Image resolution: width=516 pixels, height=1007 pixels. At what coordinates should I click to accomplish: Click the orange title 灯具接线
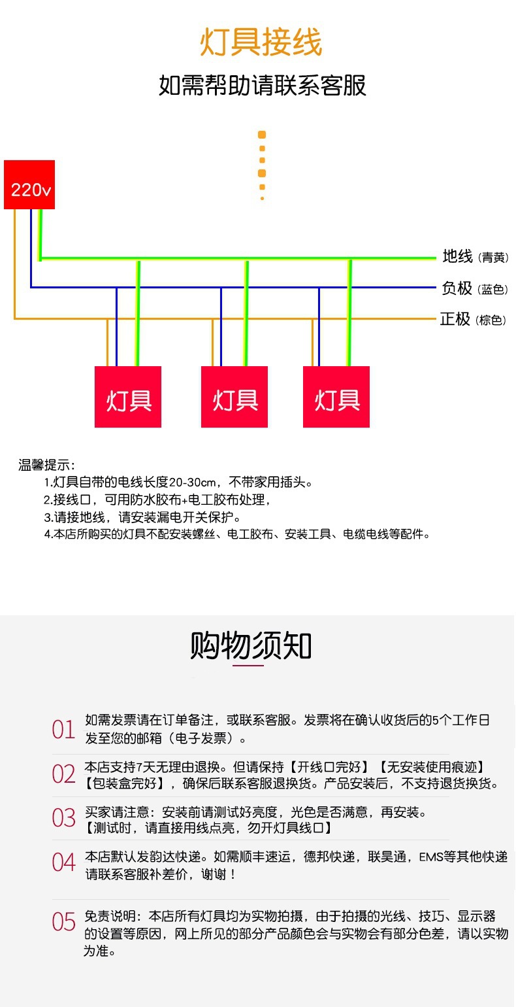pyautogui.click(x=261, y=43)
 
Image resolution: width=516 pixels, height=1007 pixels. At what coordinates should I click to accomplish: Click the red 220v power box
pyautogui.click(x=29, y=185)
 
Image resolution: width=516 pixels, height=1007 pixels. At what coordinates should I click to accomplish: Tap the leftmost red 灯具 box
pyautogui.click(x=128, y=397)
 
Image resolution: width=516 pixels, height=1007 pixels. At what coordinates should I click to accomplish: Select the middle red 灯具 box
pyautogui.click(x=234, y=397)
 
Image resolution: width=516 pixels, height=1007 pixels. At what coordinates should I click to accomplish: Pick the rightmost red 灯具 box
pyautogui.click(x=336, y=397)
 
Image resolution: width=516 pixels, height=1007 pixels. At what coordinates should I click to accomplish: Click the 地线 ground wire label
pyautogui.click(x=457, y=256)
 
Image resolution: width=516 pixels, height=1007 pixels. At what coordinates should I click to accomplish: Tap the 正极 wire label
pyautogui.click(x=455, y=319)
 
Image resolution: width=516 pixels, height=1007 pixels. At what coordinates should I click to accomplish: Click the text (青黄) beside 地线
pyautogui.click(x=493, y=258)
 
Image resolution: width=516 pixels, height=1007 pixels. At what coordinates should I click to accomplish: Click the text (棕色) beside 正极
pyautogui.click(x=491, y=321)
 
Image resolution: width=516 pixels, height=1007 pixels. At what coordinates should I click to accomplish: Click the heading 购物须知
pyautogui.click(x=251, y=646)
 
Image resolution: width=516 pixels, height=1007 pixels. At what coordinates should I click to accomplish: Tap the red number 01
pyautogui.click(x=64, y=730)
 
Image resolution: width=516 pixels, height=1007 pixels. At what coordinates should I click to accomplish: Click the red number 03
pyautogui.click(x=64, y=818)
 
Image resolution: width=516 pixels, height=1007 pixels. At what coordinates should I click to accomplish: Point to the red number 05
pyautogui.click(x=64, y=922)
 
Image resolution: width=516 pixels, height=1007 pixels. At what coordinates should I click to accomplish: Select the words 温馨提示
pyautogui.click(x=46, y=466)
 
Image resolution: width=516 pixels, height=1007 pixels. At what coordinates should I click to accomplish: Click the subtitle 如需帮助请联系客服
pyautogui.click(x=263, y=86)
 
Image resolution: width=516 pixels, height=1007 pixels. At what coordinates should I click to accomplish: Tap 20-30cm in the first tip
pyautogui.click(x=193, y=483)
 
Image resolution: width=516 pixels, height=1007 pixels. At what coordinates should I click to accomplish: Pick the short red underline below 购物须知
pyautogui.click(x=248, y=666)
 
